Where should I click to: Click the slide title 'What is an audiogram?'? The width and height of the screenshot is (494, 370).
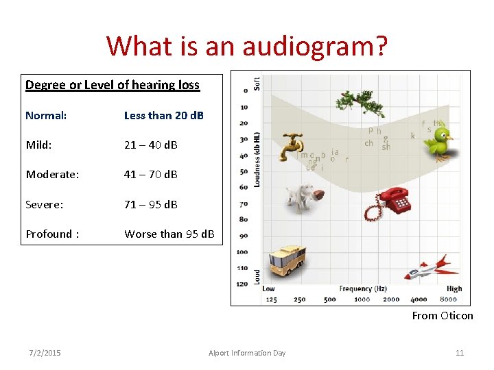point(246,47)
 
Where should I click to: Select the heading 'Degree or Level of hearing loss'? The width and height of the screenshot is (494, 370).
point(113,85)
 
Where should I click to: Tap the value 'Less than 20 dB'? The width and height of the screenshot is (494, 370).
point(163,115)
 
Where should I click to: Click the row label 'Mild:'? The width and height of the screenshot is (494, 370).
point(40,145)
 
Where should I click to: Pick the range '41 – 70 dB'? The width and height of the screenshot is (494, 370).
point(150,174)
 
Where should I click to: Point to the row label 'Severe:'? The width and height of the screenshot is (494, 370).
point(45,204)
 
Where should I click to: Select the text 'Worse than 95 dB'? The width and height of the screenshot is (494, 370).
point(169,234)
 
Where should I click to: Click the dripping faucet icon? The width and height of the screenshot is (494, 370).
point(293,143)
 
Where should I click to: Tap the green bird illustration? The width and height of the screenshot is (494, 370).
point(438,140)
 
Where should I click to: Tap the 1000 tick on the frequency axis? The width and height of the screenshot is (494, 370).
point(362,299)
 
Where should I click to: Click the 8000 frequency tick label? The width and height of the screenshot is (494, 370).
point(448,299)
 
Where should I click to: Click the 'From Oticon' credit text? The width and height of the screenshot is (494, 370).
point(442,316)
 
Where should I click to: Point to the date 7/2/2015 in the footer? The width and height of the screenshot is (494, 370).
point(45,353)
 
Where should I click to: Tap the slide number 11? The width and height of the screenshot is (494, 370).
point(460,353)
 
